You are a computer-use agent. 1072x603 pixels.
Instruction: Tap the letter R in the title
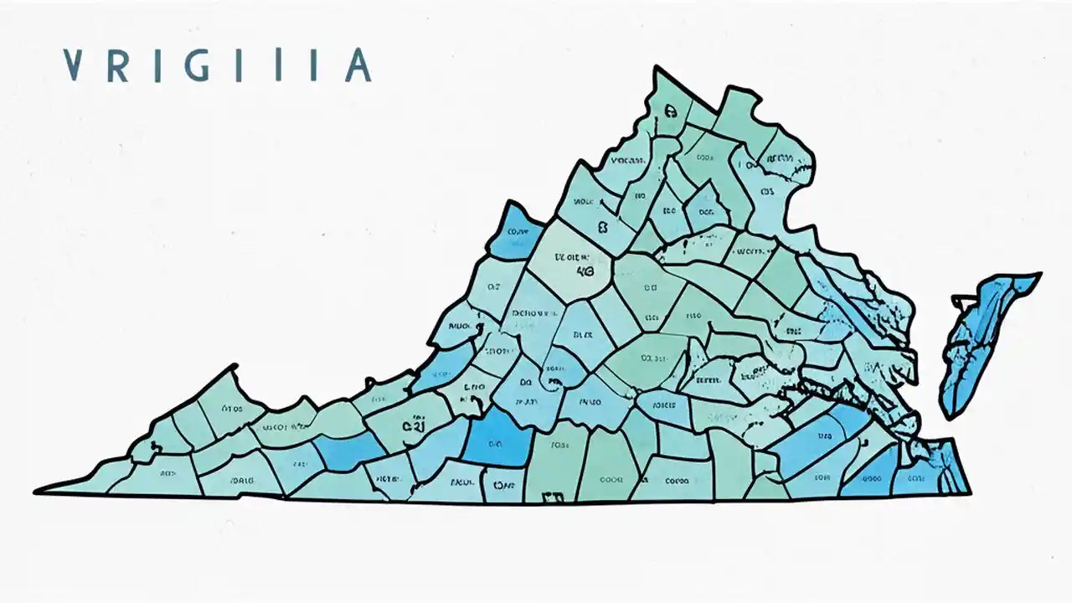[118, 65]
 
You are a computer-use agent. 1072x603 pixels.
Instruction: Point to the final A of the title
[358, 65]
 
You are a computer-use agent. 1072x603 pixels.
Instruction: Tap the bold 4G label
[585, 271]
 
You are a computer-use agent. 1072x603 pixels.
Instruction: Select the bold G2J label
[413, 425]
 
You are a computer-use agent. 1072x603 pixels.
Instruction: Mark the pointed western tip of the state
[38, 491]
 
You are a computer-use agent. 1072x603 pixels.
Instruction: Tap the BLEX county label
[582, 334]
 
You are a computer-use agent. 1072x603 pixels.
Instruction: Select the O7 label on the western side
[492, 287]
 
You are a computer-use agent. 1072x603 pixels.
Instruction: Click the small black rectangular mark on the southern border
[553, 498]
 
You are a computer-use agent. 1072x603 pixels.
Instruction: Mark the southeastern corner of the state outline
[969, 492]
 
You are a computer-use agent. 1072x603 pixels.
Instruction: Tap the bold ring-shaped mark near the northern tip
[670, 110]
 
